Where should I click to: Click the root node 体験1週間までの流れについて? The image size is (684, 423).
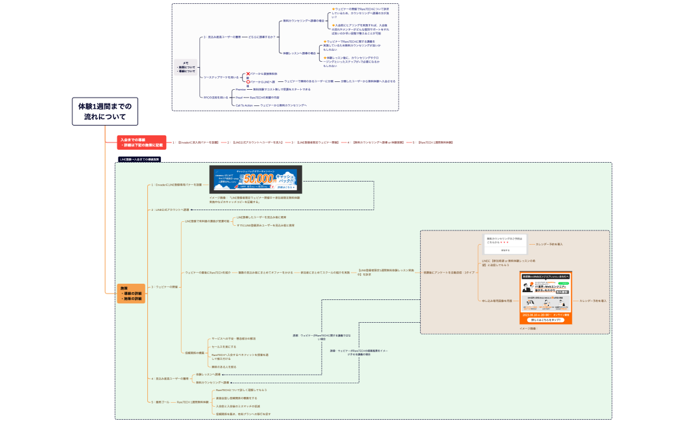coord(105,112)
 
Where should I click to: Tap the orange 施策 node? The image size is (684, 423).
coord(131,293)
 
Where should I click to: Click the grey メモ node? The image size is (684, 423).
coord(186,66)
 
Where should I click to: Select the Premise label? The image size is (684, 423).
coord(240,89)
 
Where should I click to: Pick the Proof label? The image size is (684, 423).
coord(239,97)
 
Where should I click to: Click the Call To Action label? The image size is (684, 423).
coord(244,105)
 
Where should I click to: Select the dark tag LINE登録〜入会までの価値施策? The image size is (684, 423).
coord(139,159)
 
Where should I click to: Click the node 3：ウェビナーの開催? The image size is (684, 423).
coord(164,286)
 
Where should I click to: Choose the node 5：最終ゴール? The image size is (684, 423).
coord(160,402)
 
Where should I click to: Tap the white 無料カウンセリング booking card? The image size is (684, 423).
coord(506,243)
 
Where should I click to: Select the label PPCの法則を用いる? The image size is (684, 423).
coord(215,97)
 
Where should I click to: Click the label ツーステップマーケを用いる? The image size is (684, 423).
coord(220,77)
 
